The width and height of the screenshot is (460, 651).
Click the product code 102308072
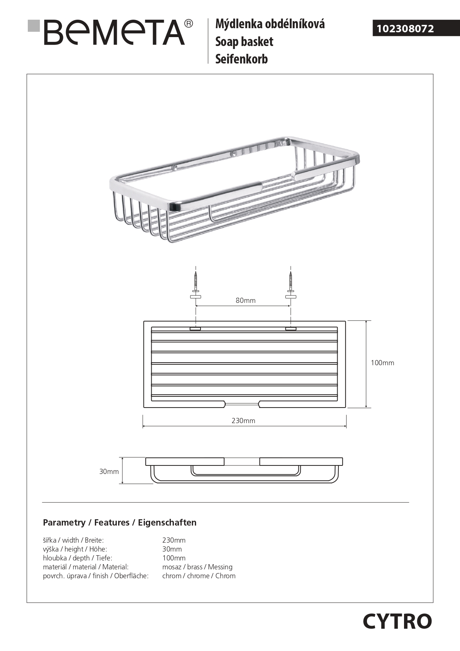click(x=405, y=29)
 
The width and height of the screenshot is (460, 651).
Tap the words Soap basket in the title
click(x=244, y=42)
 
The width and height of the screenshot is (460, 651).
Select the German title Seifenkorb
click(x=241, y=59)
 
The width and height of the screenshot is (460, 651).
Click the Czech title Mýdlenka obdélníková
click(x=270, y=24)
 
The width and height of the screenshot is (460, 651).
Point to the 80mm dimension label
click(x=245, y=300)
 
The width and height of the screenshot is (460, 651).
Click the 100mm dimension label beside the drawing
click(x=382, y=363)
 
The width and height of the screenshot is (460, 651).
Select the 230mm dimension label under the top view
click(x=243, y=421)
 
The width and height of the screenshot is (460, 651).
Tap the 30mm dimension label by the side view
click(x=109, y=471)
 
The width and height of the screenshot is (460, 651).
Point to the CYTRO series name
click(x=397, y=621)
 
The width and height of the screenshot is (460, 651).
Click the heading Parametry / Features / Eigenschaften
click(x=120, y=523)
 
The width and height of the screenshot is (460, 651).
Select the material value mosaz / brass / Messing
click(x=197, y=567)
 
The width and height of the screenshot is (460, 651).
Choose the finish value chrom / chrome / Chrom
click(x=199, y=576)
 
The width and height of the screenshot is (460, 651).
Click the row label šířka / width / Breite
click(x=73, y=540)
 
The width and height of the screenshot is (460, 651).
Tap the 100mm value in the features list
click(x=174, y=558)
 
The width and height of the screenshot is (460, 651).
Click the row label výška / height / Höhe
click(x=75, y=549)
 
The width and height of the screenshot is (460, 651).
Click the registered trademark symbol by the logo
click(x=188, y=24)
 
